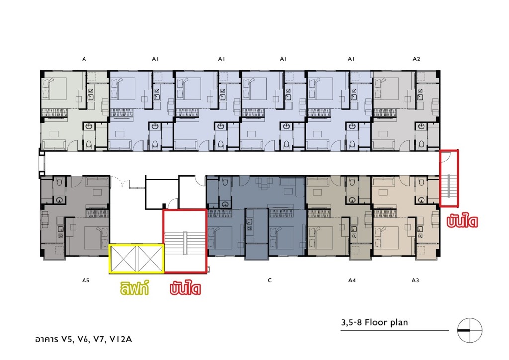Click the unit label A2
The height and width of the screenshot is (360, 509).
coord(416,59)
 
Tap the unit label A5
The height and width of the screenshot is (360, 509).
coord(85,280)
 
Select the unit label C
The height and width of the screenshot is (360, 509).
coord(269,280)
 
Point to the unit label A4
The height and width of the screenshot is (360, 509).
coord(352,280)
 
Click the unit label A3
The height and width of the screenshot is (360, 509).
coord(415,280)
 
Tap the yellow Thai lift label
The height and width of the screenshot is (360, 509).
coord(134,288)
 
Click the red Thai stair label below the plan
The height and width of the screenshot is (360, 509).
coord(185,288)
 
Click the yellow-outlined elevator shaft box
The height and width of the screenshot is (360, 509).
coord(136,259)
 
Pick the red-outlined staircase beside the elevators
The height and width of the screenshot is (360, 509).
coord(185,241)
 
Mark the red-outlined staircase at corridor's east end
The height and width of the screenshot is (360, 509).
coord(449,178)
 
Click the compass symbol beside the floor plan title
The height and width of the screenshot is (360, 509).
coord(470,330)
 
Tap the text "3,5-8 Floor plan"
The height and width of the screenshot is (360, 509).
coord(374,322)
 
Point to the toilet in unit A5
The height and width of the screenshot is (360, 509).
coord(60,182)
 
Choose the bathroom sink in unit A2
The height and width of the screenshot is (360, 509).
coord(422,126)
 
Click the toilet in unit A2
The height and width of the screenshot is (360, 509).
coord(422,144)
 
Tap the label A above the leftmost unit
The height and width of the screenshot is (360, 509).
coord(84,59)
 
